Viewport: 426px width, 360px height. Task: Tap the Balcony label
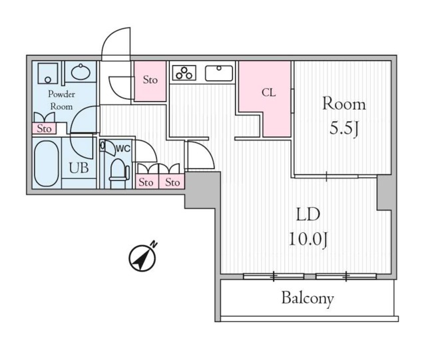point(308,299)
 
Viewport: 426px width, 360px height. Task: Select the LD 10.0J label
point(308,227)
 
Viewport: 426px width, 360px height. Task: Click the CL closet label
point(268,93)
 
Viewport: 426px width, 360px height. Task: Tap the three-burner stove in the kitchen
point(184,73)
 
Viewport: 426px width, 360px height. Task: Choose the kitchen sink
point(219,73)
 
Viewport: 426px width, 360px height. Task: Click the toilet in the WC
point(118,170)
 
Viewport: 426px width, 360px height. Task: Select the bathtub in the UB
point(47,163)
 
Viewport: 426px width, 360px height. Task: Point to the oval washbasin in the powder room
point(81,72)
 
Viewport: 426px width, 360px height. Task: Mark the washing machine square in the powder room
point(48,73)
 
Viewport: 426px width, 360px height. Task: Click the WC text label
point(123,148)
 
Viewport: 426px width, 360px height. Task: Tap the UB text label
point(79,168)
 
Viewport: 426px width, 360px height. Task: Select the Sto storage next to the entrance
point(150,80)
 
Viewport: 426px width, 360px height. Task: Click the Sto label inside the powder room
point(44,128)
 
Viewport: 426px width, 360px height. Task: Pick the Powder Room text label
point(61,100)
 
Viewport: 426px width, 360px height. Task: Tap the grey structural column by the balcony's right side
point(384,193)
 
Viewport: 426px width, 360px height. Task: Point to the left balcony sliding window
point(274,276)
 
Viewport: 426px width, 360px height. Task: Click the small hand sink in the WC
point(103,145)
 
